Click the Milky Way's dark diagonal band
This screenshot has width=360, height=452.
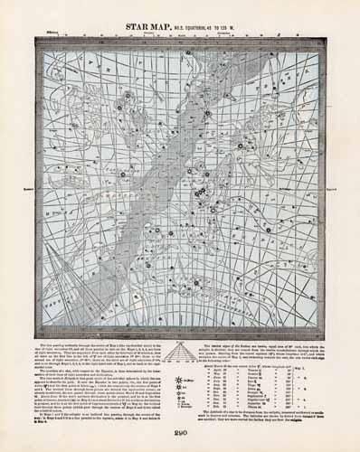(163, 181)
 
